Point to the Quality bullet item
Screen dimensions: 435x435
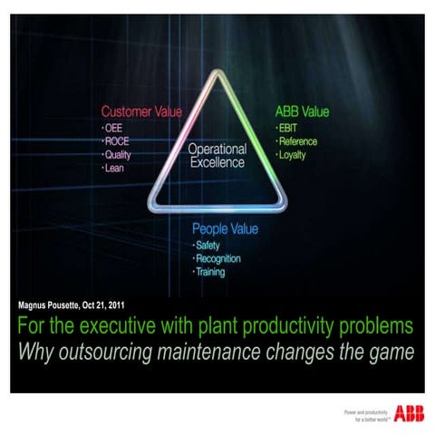tap(118, 155)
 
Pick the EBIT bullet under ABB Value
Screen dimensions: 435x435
tap(290, 129)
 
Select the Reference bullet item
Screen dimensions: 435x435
tap(299, 142)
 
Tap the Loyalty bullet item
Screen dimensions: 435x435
tap(295, 155)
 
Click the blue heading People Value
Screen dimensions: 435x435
tap(225, 229)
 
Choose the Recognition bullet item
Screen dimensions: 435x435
tap(222, 259)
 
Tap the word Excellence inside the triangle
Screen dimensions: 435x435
tap(217, 163)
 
